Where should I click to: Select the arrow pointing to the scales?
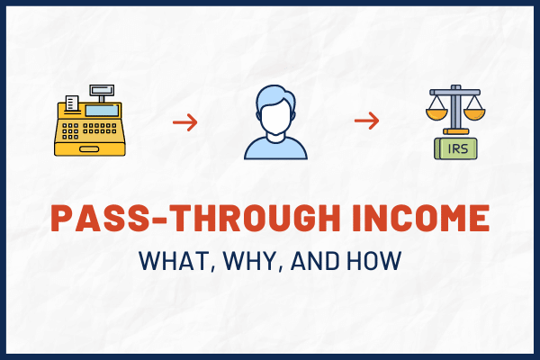[x=365, y=121]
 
